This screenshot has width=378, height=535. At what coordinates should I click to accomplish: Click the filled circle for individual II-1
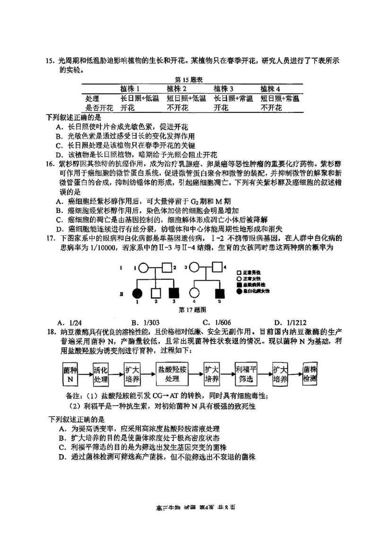pyautogui.click(x=138, y=293)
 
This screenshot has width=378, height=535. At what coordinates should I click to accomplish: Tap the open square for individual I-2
pyautogui.click(x=166, y=268)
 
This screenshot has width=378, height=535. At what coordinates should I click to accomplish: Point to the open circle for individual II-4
pyautogui.click(x=193, y=293)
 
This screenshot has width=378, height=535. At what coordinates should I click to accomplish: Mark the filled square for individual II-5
pyautogui.click(x=219, y=293)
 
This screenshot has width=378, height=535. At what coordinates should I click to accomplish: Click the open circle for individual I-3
pyautogui.click(x=193, y=268)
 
